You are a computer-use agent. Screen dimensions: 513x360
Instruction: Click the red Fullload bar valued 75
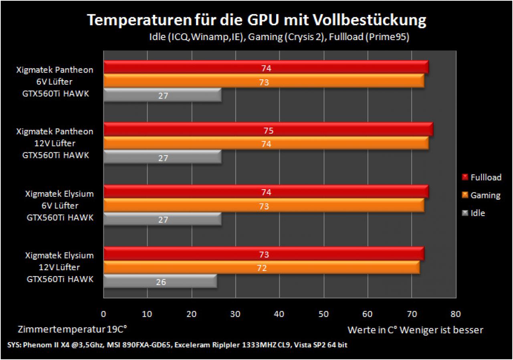click(268, 129)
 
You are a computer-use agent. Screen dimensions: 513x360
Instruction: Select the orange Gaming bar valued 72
click(262, 267)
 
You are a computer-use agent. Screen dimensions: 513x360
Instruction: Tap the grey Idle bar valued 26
click(160, 281)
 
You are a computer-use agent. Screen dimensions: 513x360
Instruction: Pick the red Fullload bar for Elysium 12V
click(264, 253)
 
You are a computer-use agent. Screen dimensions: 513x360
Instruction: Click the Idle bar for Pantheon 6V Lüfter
click(162, 95)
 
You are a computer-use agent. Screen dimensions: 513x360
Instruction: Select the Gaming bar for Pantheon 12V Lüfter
click(266, 143)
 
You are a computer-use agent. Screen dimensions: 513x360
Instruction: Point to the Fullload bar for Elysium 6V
click(266, 192)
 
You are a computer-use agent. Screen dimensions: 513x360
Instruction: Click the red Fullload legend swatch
click(465, 177)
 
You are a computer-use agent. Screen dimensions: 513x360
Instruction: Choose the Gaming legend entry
click(481, 195)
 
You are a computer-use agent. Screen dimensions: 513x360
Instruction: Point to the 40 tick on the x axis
click(279, 314)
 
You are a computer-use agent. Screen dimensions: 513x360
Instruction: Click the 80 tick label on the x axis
click(456, 314)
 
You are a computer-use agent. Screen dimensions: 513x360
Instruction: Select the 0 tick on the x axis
click(103, 314)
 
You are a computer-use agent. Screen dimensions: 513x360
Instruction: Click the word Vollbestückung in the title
click(370, 20)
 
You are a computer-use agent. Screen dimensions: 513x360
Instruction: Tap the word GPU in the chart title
click(263, 20)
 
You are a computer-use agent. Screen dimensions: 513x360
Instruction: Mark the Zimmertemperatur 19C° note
click(73, 330)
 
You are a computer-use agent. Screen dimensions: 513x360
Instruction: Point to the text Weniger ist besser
click(441, 330)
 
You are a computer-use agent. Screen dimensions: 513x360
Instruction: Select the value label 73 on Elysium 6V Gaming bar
click(264, 206)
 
